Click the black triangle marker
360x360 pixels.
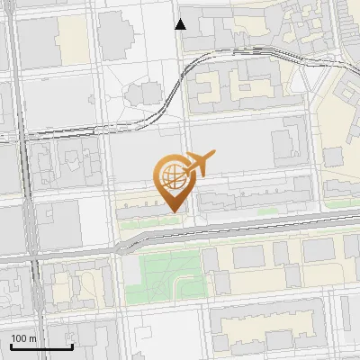click(x=181, y=23)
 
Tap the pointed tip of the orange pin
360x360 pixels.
click(x=171, y=211)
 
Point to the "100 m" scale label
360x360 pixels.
click(x=24, y=337)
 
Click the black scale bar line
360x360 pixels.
click(x=41, y=346)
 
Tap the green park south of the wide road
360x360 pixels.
click(x=162, y=277)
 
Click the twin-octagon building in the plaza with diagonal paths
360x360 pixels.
click(x=142, y=94)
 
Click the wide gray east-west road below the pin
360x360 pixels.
click(x=225, y=229)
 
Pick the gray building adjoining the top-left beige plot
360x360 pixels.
click(x=36, y=40)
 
